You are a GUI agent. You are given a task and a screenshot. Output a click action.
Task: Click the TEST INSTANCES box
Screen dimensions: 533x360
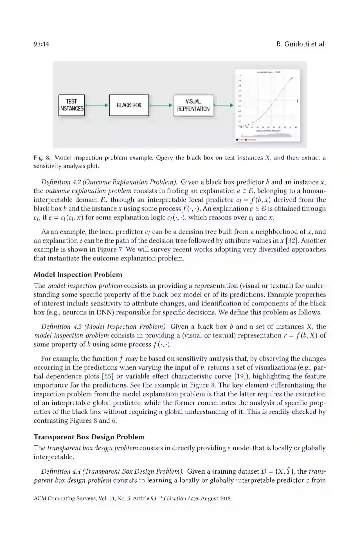[71, 105]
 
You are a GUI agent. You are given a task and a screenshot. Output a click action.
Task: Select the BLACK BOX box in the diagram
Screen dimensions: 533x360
[129, 105]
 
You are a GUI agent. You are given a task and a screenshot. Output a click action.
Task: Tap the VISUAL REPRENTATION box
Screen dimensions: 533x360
[193, 105]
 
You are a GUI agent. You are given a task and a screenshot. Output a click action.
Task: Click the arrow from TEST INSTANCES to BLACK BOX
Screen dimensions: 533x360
[97, 105]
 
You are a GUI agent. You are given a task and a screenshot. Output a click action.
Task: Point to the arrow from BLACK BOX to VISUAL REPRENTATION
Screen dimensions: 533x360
[161, 105]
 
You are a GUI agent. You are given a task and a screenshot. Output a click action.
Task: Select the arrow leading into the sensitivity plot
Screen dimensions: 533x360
[224, 105]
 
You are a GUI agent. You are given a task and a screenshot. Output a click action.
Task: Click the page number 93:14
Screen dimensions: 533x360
[41, 44]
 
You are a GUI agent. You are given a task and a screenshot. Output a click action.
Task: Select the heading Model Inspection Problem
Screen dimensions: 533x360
[78, 275]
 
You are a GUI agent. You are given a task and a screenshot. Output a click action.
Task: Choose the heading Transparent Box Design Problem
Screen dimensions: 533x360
[89, 437]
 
